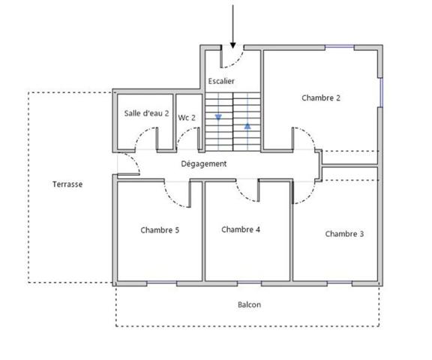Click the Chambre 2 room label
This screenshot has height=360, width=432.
point(321,98)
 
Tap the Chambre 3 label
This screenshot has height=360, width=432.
point(344,234)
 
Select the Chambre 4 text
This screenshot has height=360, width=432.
point(241,229)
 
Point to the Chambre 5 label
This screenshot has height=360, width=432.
point(160,230)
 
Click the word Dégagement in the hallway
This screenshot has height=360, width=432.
point(203,163)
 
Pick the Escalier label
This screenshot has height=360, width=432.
point(221,80)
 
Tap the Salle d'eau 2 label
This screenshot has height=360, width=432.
point(146,114)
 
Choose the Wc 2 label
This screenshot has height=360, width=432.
point(187,118)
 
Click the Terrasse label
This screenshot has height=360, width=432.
point(67,184)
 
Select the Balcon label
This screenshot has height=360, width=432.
point(249,304)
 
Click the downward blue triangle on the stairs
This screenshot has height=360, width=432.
point(218,118)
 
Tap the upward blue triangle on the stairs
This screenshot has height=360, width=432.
point(247,124)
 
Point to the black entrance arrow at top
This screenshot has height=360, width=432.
point(233,30)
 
